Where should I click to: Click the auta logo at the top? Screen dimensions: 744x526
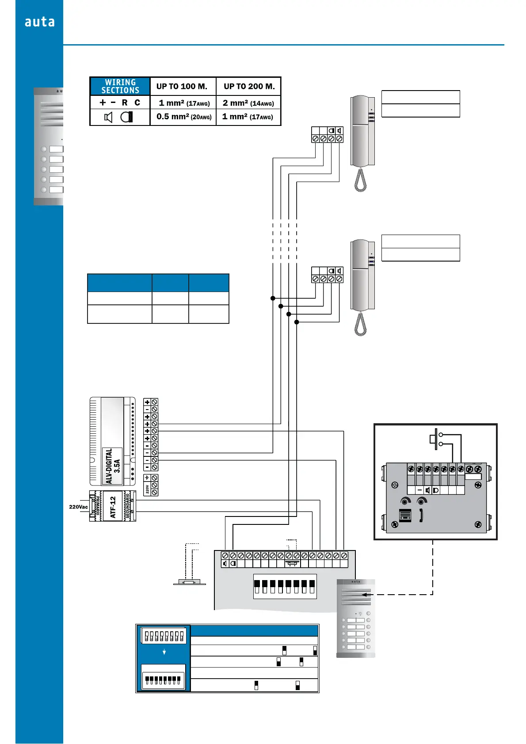coord(39,22)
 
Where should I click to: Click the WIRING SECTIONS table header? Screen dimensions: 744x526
coord(120,86)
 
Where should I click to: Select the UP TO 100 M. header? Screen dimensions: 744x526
coord(182,87)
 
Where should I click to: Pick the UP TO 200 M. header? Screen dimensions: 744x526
coord(249,87)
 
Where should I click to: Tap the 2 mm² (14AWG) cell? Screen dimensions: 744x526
coord(248,103)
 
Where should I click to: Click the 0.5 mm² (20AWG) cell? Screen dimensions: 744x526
coord(183,117)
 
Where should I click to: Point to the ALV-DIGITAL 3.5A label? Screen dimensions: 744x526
coord(113,466)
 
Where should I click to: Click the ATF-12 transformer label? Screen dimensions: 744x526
coord(113,507)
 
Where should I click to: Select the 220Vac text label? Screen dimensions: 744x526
coord(78,507)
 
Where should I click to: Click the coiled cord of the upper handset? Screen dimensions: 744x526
coord(361,181)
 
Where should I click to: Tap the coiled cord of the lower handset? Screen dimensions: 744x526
coord(361,325)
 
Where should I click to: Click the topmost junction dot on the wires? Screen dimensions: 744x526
coord(273,298)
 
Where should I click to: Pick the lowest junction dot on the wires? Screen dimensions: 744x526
coord(297,322)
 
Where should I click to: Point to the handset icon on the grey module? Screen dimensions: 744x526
coord(421,516)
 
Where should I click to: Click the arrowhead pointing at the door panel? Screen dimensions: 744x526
coord(364,595)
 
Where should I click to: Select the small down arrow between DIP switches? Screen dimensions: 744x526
coord(164,652)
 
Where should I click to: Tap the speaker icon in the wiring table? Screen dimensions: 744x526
coord(108,117)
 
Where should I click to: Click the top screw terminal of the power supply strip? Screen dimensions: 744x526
coord(154,402)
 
